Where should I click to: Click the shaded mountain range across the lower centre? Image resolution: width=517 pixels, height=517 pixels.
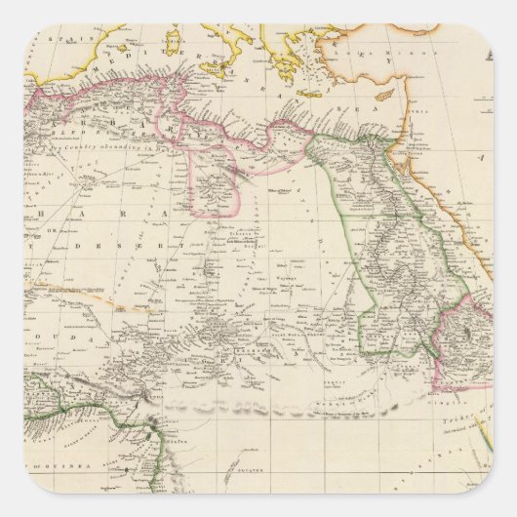point(293,400)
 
